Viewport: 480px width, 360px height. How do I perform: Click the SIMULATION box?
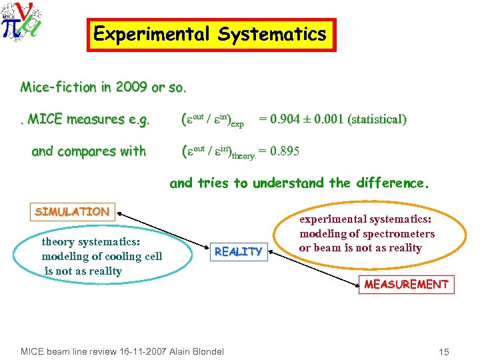click(72, 212)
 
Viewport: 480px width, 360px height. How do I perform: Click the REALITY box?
click(238, 251)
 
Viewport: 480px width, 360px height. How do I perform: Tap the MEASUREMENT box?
click(405, 285)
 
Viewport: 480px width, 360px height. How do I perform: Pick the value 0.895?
click(285, 151)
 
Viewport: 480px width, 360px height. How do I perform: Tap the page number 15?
click(445, 351)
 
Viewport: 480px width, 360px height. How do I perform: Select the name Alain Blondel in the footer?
click(197, 351)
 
